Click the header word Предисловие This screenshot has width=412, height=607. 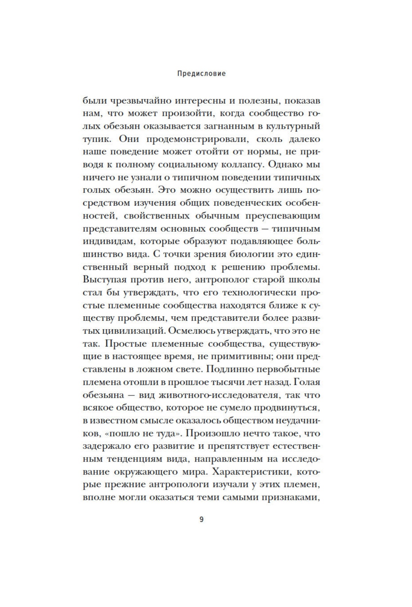(x=201, y=74)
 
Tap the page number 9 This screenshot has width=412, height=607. (x=201, y=520)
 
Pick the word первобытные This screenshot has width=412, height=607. (x=288, y=369)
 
